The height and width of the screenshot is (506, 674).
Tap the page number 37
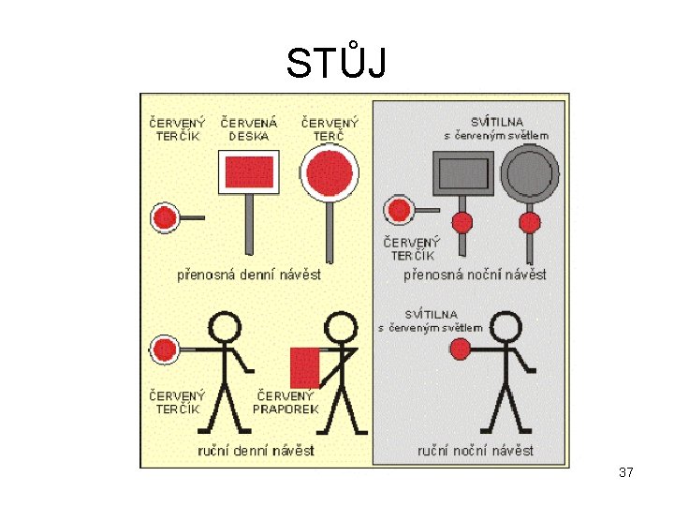[x=626, y=473]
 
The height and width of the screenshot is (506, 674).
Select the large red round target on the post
[x=330, y=174]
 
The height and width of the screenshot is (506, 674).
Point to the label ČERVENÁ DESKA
[x=249, y=128]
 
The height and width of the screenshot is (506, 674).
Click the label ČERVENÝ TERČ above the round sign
[x=330, y=128]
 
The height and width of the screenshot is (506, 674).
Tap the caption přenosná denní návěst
[x=249, y=275]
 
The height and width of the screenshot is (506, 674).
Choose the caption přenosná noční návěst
[x=475, y=275]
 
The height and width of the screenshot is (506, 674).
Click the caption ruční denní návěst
[x=256, y=451]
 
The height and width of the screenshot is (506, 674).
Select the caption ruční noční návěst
[x=476, y=451]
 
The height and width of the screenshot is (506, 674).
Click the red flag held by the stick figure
[x=305, y=366]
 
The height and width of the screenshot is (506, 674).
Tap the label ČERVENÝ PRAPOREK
[x=286, y=402]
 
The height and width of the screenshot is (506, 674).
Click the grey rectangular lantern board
[x=462, y=173]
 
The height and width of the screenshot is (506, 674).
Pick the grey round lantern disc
[x=529, y=174]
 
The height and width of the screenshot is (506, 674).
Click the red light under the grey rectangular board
[x=462, y=222]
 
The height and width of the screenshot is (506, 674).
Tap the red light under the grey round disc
[x=530, y=222]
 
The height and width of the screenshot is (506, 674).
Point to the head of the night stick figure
[x=505, y=327]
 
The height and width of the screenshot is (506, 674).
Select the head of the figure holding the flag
[x=340, y=327]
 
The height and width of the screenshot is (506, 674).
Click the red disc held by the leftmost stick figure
[x=165, y=350]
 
